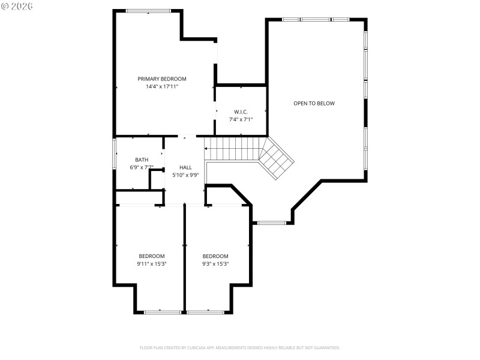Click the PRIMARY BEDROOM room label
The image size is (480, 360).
click(x=162, y=79)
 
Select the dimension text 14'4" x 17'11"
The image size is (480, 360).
click(x=162, y=86)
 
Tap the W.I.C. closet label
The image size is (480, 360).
click(x=241, y=112)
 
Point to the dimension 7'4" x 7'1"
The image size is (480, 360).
click(x=241, y=119)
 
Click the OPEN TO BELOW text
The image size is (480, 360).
click(x=314, y=103)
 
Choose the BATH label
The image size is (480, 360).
click(x=142, y=160)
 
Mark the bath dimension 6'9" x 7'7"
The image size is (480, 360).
click(x=142, y=167)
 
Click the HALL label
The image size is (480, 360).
click(x=185, y=167)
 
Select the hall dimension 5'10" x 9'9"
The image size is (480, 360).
click(x=185, y=175)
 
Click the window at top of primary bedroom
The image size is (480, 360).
click(x=148, y=10)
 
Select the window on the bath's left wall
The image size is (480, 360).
click(x=115, y=154)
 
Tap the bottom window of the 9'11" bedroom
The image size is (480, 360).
click(x=162, y=312)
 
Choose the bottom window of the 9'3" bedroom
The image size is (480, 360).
click(x=206, y=312)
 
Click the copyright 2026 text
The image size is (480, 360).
click(x=17, y=5)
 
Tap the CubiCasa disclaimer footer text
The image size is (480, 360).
click(x=240, y=347)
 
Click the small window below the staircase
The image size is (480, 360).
click(x=271, y=223)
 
